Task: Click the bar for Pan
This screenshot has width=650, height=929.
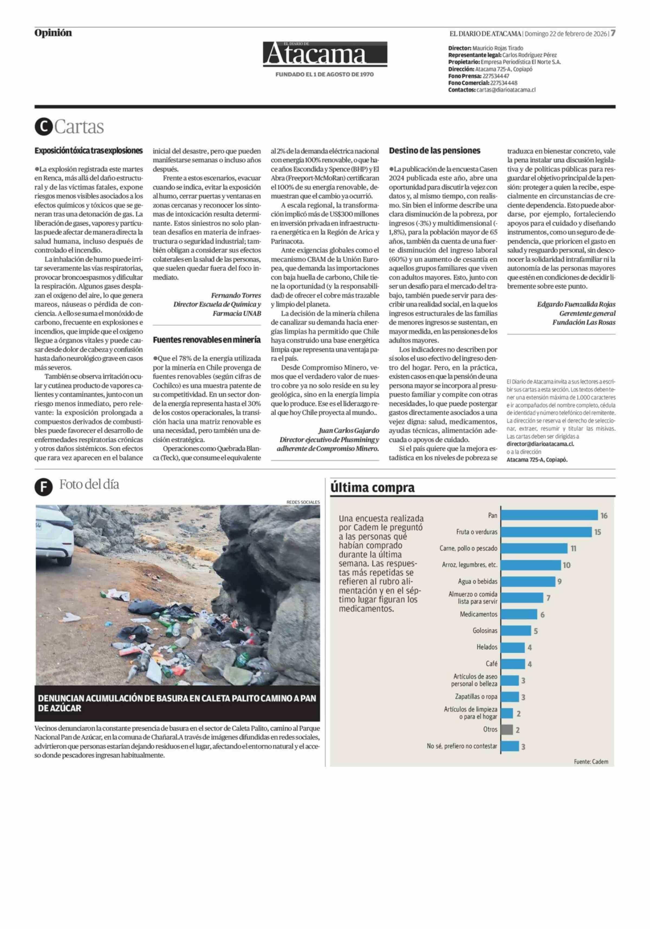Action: click(549, 515)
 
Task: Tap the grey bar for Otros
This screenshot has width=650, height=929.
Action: click(506, 730)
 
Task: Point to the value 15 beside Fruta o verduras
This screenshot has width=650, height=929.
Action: click(597, 532)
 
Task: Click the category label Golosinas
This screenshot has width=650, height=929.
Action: click(485, 631)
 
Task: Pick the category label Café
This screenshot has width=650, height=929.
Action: click(492, 664)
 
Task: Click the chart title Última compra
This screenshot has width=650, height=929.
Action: click(372, 488)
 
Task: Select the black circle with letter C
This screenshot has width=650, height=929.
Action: click(43, 127)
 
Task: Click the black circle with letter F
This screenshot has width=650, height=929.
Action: click(43, 487)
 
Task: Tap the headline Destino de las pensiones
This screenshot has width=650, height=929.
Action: click(434, 151)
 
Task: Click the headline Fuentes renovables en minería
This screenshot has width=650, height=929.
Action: click(206, 340)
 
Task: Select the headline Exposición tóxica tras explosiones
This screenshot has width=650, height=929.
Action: click(89, 151)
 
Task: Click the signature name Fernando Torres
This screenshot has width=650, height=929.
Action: click(236, 295)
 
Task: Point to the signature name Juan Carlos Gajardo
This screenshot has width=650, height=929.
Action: click(349, 431)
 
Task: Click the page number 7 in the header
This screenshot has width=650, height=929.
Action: click(613, 33)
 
